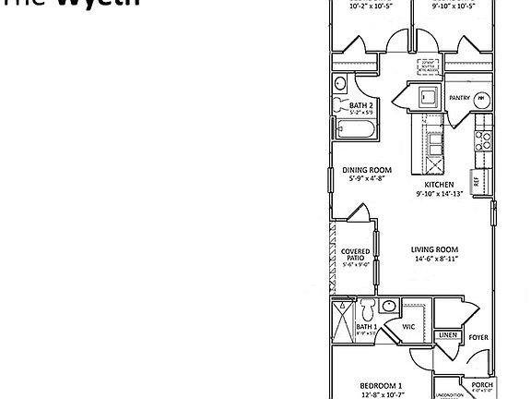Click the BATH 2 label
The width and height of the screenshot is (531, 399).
coord(360,105)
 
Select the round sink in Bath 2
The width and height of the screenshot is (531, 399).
coord(339,83)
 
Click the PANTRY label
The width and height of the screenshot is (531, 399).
coord(459,98)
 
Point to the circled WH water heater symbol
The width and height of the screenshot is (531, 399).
coord(481,97)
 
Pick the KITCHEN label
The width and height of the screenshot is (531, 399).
coord(438,186)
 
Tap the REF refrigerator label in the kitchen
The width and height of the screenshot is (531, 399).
coord(477,182)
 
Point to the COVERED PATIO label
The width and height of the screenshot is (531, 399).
coord(356,255)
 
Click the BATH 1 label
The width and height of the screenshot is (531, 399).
coord(366,326)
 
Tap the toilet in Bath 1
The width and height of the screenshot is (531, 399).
coord(366,308)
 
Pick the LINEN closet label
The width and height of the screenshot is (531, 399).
coord(448,334)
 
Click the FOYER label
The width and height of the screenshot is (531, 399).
coord(478,337)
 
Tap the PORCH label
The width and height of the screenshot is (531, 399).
coord(483,384)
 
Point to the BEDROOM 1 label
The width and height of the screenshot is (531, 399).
coord(380,384)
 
